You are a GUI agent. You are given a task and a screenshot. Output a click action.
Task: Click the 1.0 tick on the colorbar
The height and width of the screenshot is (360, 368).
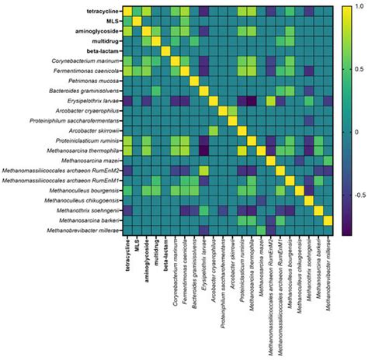(356, 6)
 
